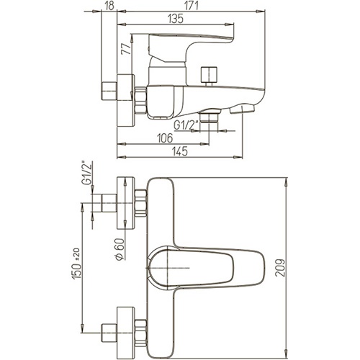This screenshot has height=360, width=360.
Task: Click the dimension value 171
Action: tap(192, 6)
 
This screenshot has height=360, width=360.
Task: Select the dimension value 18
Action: tap(109, 6)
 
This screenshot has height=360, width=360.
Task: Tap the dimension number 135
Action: tap(176, 19)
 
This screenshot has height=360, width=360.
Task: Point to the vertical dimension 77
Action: tap(127, 49)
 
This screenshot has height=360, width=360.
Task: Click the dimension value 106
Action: tap(165, 138)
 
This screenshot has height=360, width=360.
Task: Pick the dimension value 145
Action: tap(180, 151)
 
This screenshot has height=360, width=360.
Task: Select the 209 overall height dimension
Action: tap(280, 268)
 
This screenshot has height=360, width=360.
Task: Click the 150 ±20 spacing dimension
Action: tap(76, 264)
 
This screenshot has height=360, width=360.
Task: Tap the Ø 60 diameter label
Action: tap(120, 249)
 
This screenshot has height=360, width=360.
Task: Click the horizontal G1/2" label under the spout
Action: tap(186, 125)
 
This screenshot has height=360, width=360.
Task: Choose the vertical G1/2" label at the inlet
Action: tap(87, 173)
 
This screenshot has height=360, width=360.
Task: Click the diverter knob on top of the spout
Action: tap(210, 76)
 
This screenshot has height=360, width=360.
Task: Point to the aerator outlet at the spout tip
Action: tap(242, 109)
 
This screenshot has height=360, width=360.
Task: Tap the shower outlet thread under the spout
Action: tap(209, 117)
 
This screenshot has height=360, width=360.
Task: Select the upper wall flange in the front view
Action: tap(125, 203)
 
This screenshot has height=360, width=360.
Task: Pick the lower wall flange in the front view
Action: tap(125, 333)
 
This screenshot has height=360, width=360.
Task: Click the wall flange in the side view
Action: tap(125, 101)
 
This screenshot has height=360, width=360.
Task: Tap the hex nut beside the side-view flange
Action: tap(141, 100)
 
